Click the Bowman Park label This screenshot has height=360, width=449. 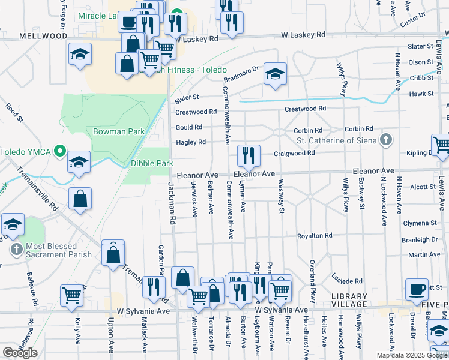(x=111, y=131)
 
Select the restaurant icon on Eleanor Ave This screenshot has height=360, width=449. (x=247, y=156)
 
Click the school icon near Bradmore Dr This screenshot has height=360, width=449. (x=275, y=75)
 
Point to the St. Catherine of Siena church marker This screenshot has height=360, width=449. (x=386, y=140)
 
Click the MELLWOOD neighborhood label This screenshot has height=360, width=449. (x=43, y=36)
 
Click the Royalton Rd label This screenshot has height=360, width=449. (x=315, y=236)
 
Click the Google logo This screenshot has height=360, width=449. (x=20, y=352)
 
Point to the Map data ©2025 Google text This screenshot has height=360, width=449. (x=411, y=355)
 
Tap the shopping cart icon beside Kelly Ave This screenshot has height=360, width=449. (x=72, y=295)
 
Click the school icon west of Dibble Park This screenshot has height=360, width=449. (x=79, y=163)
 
